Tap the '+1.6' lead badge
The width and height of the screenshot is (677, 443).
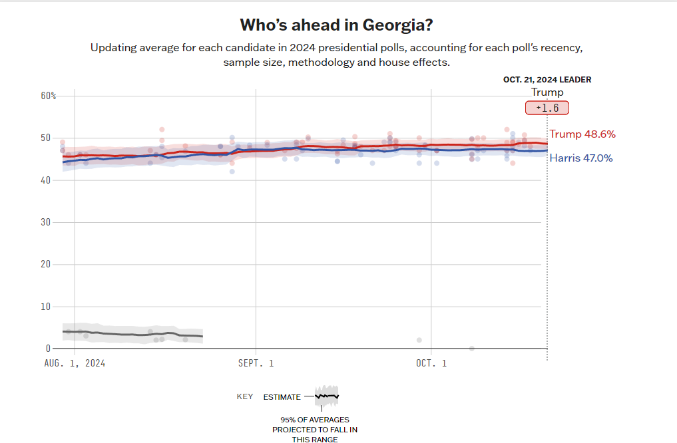[x=547, y=108]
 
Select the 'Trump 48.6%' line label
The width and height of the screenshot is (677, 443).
[x=582, y=134]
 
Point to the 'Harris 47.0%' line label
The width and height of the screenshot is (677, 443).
[x=581, y=158]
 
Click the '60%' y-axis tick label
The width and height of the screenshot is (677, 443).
[x=49, y=96]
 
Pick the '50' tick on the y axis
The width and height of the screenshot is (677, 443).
[x=45, y=138]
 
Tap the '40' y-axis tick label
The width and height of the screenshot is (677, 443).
[x=45, y=180]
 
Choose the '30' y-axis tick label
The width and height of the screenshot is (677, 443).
[x=45, y=222]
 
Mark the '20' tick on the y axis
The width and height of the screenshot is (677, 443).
[x=45, y=264]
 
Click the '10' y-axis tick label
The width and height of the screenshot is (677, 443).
[x=45, y=307]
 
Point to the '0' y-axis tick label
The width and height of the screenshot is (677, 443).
[x=48, y=349]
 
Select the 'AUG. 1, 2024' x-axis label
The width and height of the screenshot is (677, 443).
[x=75, y=363]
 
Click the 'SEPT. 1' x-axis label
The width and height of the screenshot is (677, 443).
[x=256, y=363]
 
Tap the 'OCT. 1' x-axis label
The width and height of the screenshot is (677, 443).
[x=431, y=363]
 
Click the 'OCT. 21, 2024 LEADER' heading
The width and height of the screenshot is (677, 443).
[x=547, y=80]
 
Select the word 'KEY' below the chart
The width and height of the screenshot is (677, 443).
[x=245, y=397]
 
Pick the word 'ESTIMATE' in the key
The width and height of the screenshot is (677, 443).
[x=282, y=397]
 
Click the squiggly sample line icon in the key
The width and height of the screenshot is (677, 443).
[x=327, y=396]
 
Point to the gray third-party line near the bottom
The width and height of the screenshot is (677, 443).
[x=133, y=334]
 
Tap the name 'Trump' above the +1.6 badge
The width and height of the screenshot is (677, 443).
[x=547, y=92]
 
